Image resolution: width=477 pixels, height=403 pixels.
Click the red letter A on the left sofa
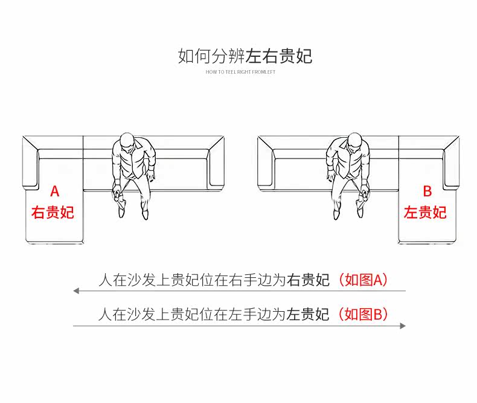pos(54,192)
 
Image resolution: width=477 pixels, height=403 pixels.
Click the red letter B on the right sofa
pos(427,192)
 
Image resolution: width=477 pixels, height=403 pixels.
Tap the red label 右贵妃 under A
pos(53,213)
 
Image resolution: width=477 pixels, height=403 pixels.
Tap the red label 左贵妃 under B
pos(425,213)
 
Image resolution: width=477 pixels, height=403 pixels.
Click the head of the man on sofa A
pos(127,142)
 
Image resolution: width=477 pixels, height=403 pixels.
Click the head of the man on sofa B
pos(354,142)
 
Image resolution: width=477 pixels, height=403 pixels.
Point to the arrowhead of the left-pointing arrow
pos(77,291)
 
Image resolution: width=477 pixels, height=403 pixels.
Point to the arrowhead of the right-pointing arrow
pos(402,326)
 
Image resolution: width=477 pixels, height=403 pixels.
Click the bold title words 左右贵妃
pos(279,56)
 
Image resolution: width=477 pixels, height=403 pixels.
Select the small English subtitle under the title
pos(240,72)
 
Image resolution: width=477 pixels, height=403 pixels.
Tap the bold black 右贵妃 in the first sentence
pos(308,280)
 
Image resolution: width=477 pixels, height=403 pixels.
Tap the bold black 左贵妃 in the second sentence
pos(308,314)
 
